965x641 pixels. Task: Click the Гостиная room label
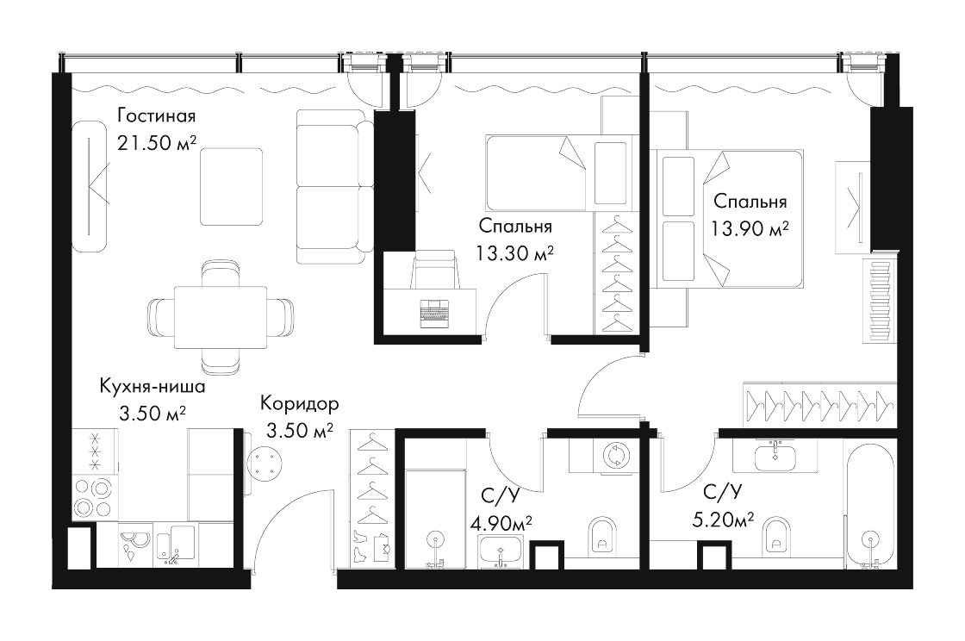click(156, 115)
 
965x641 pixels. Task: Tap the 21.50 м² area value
click(156, 143)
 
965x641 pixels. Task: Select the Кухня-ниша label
click(152, 387)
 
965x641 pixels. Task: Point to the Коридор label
click(299, 403)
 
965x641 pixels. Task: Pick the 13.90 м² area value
click(750, 229)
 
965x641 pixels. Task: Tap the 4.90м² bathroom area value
click(501, 524)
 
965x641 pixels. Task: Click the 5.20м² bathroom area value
click(723, 520)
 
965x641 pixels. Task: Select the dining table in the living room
click(221, 317)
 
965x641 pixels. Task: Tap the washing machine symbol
click(614, 456)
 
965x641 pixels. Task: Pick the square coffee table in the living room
click(232, 186)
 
